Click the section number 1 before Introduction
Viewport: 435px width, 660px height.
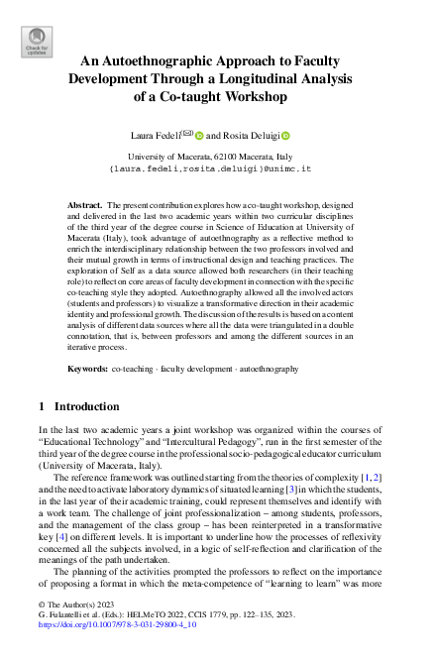pyautogui.click(x=40, y=406)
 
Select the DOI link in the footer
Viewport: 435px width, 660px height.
pyautogui.click(x=104, y=626)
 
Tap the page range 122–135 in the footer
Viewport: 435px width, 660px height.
pyautogui.click(x=274, y=615)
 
